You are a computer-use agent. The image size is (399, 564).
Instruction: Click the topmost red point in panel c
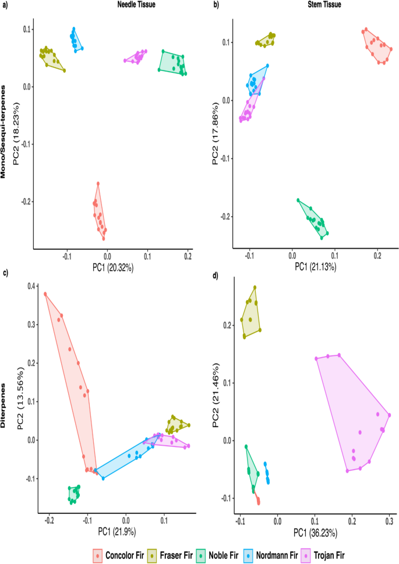[x=45, y=294]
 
